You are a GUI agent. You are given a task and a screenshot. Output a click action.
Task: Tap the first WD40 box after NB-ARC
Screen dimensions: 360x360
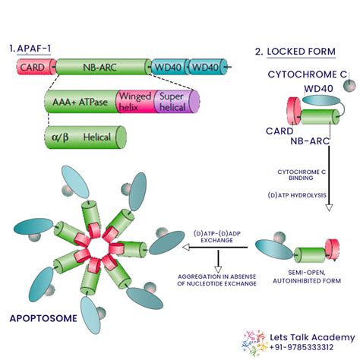(x=169, y=68)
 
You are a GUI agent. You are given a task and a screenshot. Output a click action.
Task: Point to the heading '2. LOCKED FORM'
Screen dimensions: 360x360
(x=292, y=52)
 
